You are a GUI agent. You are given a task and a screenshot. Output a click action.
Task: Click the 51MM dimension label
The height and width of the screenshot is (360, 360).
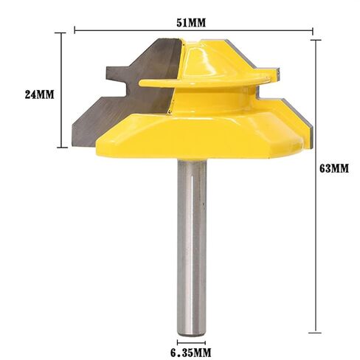(x=191, y=23)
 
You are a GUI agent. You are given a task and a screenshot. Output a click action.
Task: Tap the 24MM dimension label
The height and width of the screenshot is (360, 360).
(x=39, y=94)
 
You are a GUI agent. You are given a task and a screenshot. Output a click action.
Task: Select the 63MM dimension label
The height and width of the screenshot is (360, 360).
(x=334, y=169)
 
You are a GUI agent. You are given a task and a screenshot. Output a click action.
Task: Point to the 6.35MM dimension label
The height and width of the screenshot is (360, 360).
(x=191, y=353)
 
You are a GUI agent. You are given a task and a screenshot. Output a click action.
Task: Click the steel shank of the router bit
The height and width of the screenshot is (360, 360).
(x=192, y=248)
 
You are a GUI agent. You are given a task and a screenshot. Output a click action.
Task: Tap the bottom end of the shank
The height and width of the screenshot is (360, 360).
(x=192, y=336)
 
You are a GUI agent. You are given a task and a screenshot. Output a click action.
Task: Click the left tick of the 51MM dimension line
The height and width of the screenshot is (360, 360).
(x=75, y=30)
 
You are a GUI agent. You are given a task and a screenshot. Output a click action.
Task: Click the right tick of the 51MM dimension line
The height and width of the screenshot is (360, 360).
(x=313, y=31)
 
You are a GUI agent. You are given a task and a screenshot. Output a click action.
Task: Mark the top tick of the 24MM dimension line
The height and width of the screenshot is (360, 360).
(x=61, y=32)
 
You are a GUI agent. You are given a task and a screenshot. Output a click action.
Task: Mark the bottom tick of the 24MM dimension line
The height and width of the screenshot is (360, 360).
(x=62, y=148)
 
